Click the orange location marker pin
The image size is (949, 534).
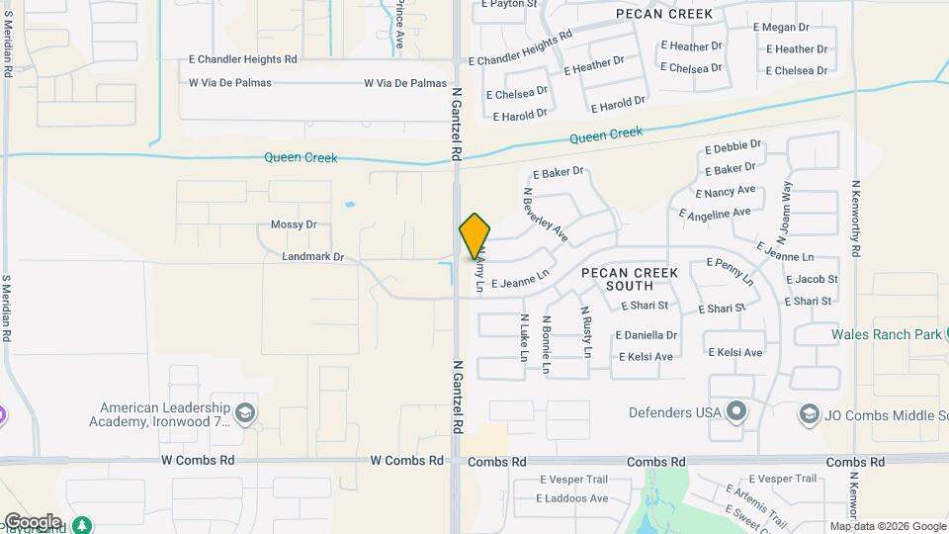474,235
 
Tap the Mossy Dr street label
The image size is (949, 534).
294,224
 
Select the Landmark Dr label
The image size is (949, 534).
312,257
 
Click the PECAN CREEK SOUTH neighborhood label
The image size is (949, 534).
630,279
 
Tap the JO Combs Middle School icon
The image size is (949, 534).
810,412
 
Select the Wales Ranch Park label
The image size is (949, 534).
885,334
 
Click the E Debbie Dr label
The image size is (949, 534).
733,147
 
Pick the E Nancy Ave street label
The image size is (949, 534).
726,191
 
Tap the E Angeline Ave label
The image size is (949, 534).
715,213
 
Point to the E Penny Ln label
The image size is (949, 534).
730,271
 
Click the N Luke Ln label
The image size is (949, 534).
524,337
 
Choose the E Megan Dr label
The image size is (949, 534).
781,28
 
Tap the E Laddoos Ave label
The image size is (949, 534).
573,498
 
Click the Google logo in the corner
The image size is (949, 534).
33,522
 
